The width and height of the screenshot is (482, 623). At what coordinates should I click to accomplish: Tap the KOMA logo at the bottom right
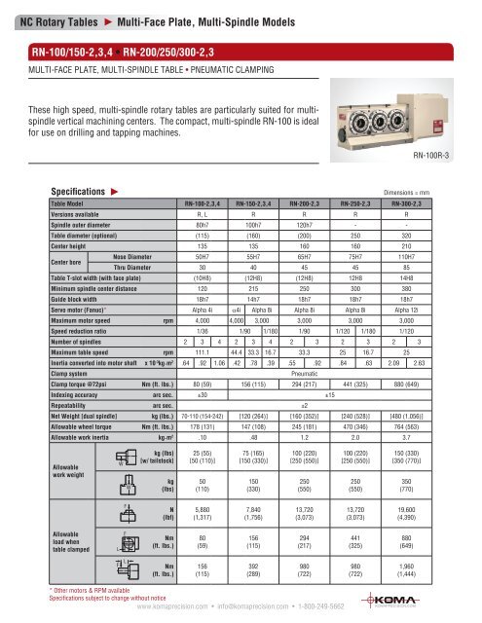pyautogui.click(x=433, y=601)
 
